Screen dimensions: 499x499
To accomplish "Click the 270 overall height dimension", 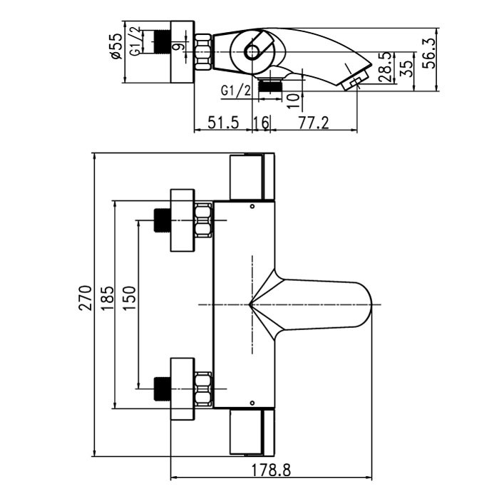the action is (86, 298).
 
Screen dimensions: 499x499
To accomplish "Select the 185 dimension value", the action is (108, 298).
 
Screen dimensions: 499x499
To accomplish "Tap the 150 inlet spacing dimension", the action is (130, 298).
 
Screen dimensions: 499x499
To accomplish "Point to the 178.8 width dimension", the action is (271, 470).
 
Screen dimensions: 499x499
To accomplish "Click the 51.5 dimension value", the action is (223, 123).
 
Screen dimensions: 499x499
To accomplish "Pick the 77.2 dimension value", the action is (314, 123).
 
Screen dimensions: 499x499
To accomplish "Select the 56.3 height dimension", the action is (430, 53).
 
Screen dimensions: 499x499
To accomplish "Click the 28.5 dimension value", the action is (386, 68).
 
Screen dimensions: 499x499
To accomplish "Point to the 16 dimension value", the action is (261, 123).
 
